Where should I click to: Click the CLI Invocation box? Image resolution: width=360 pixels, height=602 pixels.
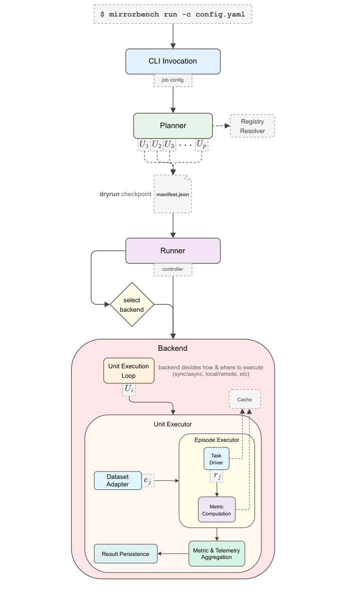tap(172, 61)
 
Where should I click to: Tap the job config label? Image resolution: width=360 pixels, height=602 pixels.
tap(172, 80)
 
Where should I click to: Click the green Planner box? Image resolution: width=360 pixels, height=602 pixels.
tap(172, 126)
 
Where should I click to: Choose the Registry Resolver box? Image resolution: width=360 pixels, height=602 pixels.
tap(252, 126)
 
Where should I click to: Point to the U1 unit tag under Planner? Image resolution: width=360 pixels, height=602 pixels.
tap(144, 145)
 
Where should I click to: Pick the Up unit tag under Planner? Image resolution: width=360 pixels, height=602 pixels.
tap(201, 145)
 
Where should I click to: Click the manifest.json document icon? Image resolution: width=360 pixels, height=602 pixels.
tap(172, 194)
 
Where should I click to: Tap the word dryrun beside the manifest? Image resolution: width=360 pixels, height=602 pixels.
tap(109, 194)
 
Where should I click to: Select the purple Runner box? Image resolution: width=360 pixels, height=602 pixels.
tap(172, 250)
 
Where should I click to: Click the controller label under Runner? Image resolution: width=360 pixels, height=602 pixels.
tap(172, 269)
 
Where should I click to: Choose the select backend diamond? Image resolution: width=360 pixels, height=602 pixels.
tap(131, 305)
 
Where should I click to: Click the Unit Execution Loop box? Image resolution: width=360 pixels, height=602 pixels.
tap(128, 371)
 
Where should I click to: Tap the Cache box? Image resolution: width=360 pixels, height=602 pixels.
tap(244, 399)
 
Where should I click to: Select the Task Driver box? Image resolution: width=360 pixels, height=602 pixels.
tap(216, 459)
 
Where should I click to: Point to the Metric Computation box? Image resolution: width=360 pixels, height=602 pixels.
tap(216, 509)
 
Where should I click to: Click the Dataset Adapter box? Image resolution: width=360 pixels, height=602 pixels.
tap(117, 480)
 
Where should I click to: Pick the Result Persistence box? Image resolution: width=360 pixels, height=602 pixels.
tap(125, 554)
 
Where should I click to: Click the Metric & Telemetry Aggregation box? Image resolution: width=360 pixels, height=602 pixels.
tap(216, 553)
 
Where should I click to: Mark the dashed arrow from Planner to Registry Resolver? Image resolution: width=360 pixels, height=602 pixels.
tap(221, 126)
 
